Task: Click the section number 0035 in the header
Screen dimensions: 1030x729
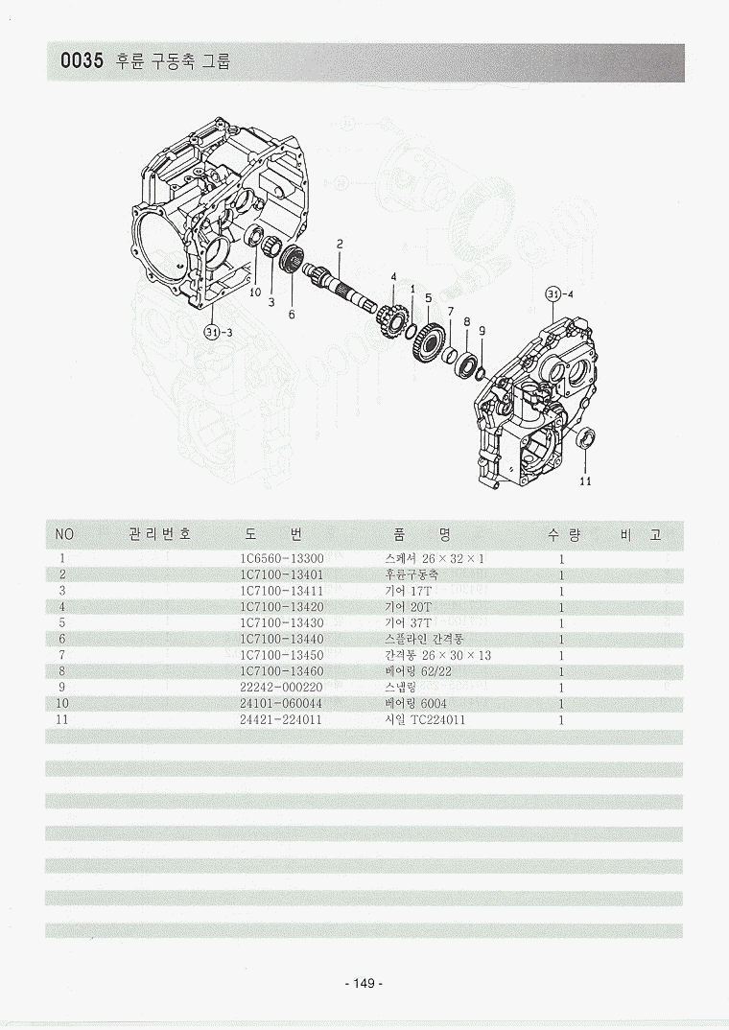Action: pos(82,63)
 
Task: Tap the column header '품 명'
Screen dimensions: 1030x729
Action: pos(421,533)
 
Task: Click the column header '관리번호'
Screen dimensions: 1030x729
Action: pos(159,533)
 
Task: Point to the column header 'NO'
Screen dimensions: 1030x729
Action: pos(64,533)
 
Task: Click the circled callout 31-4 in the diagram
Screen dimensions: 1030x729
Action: pos(559,294)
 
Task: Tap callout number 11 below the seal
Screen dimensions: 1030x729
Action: pos(585,481)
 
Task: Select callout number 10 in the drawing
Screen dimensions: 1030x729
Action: pos(255,293)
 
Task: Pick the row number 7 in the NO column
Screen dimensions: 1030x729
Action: pos(61,655)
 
